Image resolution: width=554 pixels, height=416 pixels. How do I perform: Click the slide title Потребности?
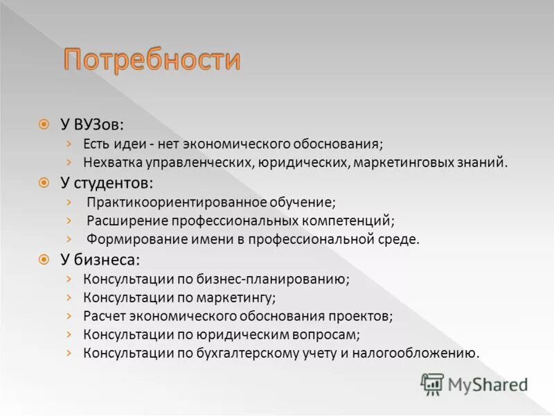click(x=152, y=61)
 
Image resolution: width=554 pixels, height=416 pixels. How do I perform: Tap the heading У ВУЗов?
click(x=92, y=125)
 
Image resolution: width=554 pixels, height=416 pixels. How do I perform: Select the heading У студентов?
click(x=107, y=183)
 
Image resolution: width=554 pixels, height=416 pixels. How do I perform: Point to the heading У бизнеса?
click(x=100, y=260)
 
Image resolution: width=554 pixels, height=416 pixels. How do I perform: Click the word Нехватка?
click(x=110, y=163)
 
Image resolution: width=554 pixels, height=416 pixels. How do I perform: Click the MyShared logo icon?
click(x=432, y=383)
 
